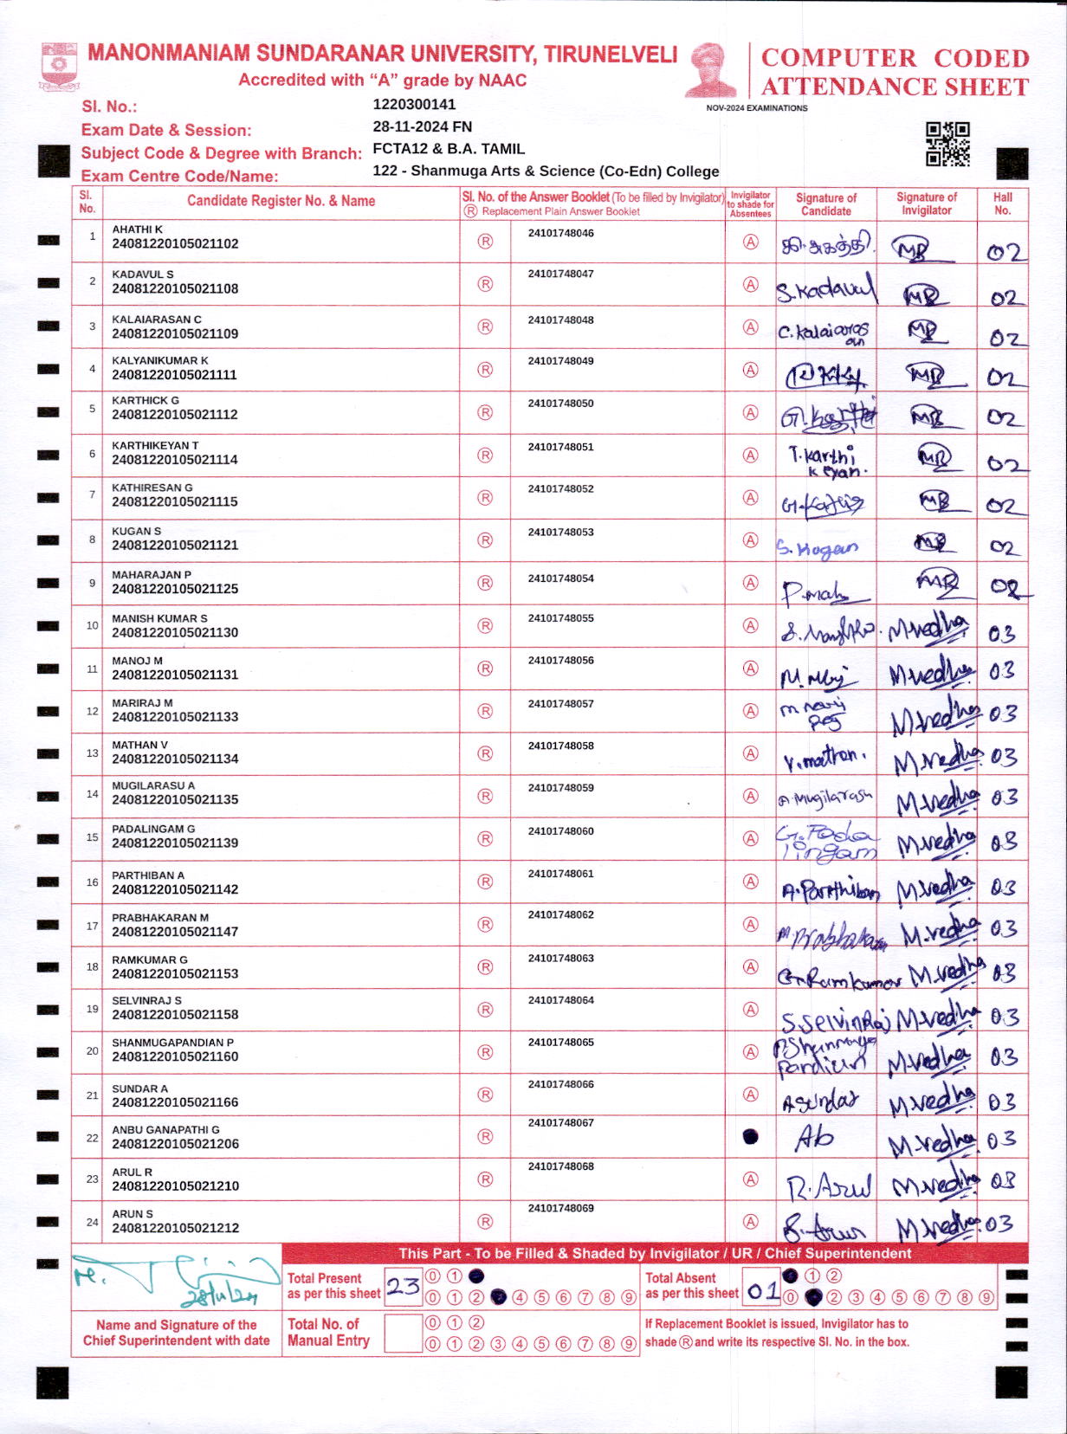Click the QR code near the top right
[947, 144]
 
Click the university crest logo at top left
[59, 67]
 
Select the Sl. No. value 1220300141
[414, 105]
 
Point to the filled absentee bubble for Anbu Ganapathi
[751, 1136]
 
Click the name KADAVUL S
[143, 274]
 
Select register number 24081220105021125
[175, 589]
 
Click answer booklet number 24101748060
[561, 831]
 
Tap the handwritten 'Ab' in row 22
[814, 1137]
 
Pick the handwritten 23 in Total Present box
[404, 1286]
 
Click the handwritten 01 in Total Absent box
[763, 1291]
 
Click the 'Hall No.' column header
[1002, 203]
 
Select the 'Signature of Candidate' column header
[825, 204]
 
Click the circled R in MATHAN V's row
[485, 753]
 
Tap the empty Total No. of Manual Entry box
[403, 1333]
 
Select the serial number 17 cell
[92, 926]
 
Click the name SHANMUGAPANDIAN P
[172, 1043]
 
